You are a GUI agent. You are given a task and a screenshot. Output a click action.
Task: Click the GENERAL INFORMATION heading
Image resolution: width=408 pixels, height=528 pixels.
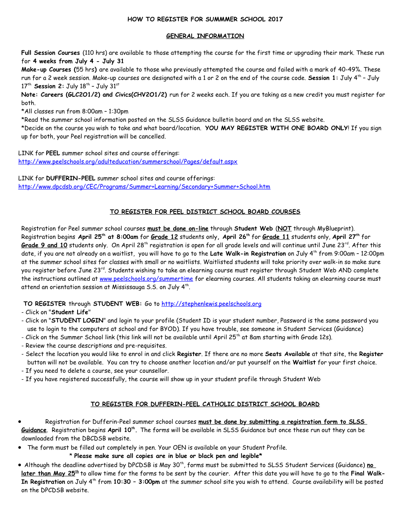point(205,36)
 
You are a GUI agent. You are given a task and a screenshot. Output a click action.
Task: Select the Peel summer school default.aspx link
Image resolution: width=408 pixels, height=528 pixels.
point(128,162)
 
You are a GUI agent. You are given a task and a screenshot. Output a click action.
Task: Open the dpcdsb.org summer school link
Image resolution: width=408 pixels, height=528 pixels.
point(144,187)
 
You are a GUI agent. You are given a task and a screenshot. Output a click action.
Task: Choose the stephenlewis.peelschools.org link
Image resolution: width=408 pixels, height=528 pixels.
point(211,304)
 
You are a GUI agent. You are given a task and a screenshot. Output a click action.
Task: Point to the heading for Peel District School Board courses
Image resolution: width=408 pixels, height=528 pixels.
point(205,212)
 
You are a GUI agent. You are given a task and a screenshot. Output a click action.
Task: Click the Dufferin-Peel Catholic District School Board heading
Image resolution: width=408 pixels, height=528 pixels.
point(205,404)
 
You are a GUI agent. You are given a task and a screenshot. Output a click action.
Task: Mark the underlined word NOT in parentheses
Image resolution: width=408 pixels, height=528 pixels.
point(284,229)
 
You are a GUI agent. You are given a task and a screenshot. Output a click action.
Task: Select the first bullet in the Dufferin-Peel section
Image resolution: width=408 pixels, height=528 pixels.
point(20,422)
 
